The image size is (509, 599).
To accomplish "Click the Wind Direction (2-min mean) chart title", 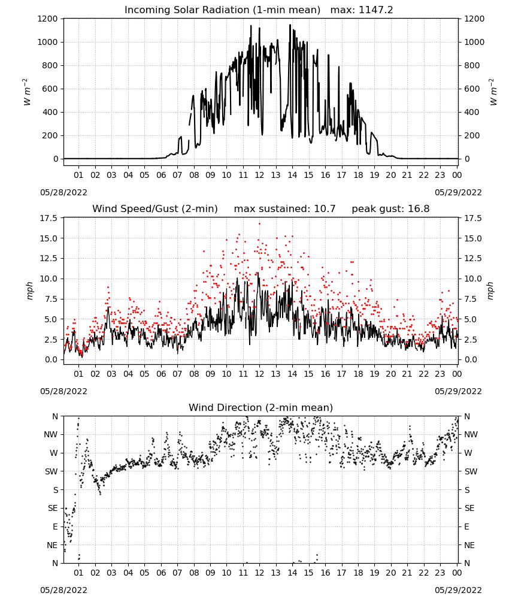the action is pyautogui.click(x=261, y=407).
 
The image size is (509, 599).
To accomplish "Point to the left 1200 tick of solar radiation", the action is pyautogui.click(x=47, y=19).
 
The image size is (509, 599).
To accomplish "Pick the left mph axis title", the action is pyautogui.click(x=30, y=291).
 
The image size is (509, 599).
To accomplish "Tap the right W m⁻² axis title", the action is pyautogui.click(x=493, y=92).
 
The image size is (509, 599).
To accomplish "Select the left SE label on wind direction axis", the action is pyautogui.click(x=53, y=508).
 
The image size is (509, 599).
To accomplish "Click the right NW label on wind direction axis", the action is pyautogui.click(x=471, y=434).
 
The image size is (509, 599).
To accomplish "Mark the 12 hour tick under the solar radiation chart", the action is pyautogui.click(x=260, y=176).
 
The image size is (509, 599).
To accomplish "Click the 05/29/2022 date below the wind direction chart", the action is pyautogui.click(x=458, y=590).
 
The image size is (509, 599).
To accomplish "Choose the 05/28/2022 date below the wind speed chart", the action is pyautogui.click(x=63, y=391).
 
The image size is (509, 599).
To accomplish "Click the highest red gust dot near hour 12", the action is pyautogui.click(x=260, y=223).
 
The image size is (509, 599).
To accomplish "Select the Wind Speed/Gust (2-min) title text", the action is pyautogui.click(x=155, y=209).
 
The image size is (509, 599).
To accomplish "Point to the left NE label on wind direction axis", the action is pyautogui.click(x=52, y=545).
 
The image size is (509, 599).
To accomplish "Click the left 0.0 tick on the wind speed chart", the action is pyautogui.click(x=51, y=359).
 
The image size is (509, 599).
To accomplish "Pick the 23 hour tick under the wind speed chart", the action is pyautogui.click(x=440, y=374).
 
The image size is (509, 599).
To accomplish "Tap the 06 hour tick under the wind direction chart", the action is pyautogui.click(x=161, y=573).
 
